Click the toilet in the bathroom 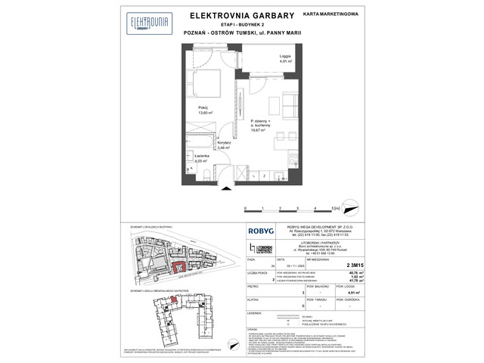coord(206,175)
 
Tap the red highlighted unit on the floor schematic coord(175,302)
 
